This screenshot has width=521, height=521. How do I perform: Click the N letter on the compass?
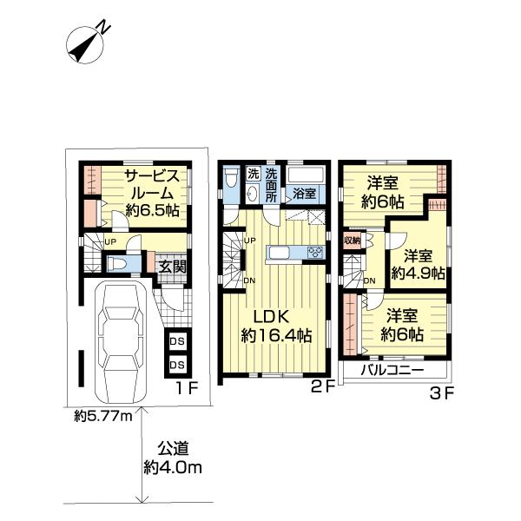(104, 27)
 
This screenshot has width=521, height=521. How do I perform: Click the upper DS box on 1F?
(177, 341)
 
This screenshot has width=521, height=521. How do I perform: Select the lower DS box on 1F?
(177, 365)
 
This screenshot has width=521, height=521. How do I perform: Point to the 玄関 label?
(172, 267)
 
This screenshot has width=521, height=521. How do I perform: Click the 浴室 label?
(304, 193)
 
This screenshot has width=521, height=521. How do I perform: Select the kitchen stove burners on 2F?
(315, 252)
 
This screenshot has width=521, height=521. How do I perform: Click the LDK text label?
(272, 317)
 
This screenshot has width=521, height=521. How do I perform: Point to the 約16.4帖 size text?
(276, 335)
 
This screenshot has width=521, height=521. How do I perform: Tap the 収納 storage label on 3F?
(352, 240)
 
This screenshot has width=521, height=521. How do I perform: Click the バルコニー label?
(392, 370)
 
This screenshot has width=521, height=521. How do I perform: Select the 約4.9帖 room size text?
(418, 274)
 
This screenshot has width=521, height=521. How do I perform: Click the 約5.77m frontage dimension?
(103, 415)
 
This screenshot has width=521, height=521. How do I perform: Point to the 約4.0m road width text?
(173, 467)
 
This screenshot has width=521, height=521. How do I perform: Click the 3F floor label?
(442, 394)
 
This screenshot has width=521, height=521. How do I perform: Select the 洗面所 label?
(271, 185)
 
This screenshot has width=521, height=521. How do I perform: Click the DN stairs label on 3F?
(370, 280)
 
